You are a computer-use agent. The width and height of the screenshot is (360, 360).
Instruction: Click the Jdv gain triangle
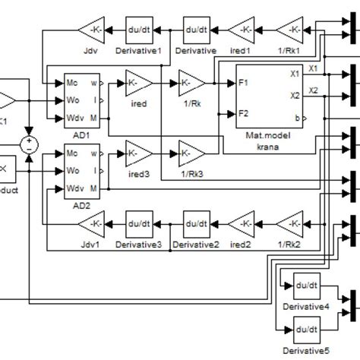pyautogui.click(x=93, y=30)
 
